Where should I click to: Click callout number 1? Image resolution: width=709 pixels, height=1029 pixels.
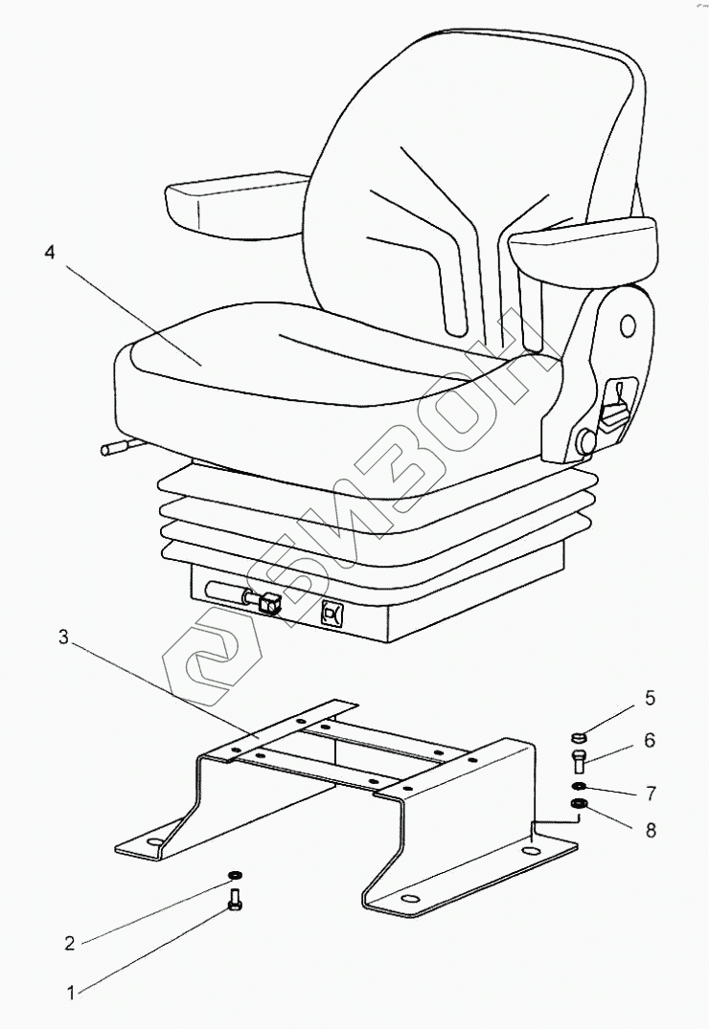(x=69, y=994)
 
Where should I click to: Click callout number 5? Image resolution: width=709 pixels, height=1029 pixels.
(x=650, y=699)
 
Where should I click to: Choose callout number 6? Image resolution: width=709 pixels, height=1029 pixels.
(x=650, y=740)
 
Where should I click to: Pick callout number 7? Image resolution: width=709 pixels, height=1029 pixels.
(x=650, y=793)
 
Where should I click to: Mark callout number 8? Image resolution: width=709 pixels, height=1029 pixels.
(x=650, y=830)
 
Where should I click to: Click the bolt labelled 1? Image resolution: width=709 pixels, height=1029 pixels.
(x=236, y=902)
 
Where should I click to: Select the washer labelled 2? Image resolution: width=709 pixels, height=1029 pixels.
(x=235, y=875)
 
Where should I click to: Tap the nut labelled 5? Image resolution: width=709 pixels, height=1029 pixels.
(x=578, y=738)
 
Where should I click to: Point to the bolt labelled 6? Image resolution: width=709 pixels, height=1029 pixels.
(x=578, y=763)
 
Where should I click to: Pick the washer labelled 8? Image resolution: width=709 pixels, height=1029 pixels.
(x=578, y=805)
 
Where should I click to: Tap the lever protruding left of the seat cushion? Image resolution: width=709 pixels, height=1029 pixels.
(x=114, y=446)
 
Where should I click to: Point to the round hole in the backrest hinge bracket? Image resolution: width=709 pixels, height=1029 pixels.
(x=628, y=325)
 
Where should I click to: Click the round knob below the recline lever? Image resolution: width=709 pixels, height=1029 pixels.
(x=583, y=441)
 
